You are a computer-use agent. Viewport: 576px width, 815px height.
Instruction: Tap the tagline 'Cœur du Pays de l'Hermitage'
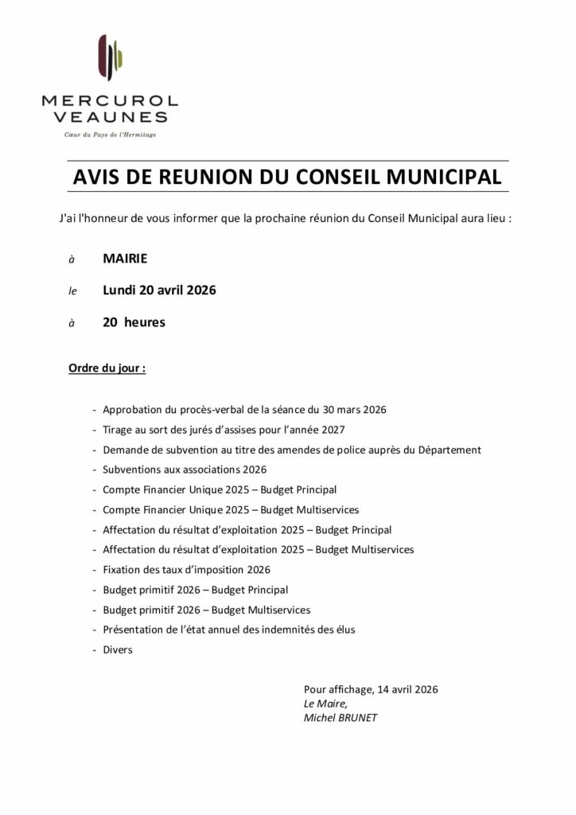[x=110, y=135]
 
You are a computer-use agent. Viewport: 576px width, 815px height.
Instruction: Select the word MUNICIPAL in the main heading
[x=435, y=176]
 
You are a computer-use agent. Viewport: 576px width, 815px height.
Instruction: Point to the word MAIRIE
[x=125, y=258]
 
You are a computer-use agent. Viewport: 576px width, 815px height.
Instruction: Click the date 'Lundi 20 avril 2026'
[x=159, y=291]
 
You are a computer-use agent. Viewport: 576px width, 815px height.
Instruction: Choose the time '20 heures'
[x=134, y=322]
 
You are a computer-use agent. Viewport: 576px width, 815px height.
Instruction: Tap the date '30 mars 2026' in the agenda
[x=355, y=410]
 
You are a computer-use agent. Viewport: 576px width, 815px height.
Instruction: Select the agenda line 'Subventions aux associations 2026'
[x=185, y=470]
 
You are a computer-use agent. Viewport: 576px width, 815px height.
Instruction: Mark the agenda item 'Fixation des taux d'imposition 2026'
[x=186, y=570]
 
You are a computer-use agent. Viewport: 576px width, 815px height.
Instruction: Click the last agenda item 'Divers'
[x=118, y=650]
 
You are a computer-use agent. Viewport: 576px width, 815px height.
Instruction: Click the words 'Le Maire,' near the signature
[x=325, y=704]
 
